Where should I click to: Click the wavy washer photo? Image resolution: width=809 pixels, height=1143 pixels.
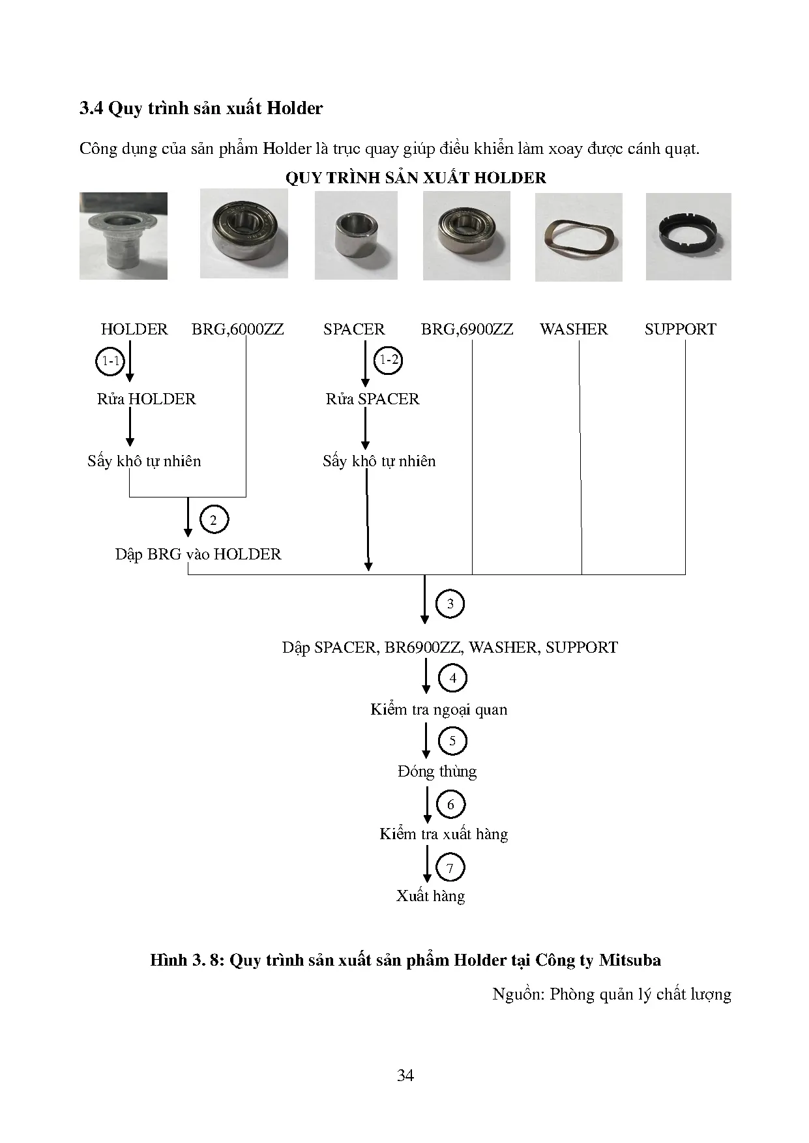pos(578,237)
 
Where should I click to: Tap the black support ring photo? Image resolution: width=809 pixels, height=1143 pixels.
pos(688,237)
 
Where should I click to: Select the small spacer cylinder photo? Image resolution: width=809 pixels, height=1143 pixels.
pos(355,236)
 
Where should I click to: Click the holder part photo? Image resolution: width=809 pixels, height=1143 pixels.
pos(123,236)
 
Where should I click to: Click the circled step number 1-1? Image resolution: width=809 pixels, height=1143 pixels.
pos(110,361)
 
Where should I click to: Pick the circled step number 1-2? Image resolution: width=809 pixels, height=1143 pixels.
pos(389,360)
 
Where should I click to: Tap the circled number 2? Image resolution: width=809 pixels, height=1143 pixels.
pos(213,520)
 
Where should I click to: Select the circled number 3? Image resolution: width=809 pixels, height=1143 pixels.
pos(450,604)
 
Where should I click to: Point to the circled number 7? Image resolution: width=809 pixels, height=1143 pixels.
pos(450,868)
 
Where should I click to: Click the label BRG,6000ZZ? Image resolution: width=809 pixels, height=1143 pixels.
pos(237,329)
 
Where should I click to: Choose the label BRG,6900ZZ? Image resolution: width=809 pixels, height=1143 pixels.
pos(467,329)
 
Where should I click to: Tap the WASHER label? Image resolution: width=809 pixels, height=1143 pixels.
pos(574,329)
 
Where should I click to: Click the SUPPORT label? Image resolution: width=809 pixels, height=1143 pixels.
pos(680,329)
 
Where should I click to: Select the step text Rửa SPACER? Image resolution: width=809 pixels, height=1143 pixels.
pos(372,399)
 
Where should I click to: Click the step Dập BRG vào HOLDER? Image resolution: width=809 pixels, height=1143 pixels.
pos(198,554)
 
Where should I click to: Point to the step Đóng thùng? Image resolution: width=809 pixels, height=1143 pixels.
pos(437,771)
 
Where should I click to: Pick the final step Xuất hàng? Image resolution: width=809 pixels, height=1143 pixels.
pos(430,896)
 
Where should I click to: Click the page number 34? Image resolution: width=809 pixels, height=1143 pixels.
pos(405,1075)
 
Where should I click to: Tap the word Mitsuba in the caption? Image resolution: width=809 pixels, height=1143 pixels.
pos(630,960)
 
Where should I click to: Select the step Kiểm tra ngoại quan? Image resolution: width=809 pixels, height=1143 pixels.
pos(439,709)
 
